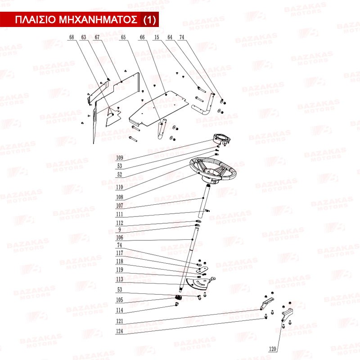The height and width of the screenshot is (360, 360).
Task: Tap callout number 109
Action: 120,158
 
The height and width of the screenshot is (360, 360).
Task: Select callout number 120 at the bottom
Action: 272,349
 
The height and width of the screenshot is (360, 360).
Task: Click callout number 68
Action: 72,37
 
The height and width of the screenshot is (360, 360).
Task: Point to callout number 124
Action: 120,331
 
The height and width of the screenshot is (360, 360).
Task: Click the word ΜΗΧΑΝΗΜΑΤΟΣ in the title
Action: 98,20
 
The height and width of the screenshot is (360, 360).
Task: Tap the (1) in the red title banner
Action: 149,20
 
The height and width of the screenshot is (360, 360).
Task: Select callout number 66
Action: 142,37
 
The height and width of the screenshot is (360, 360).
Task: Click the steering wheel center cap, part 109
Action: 222,139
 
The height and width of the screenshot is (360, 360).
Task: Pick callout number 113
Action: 120,279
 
